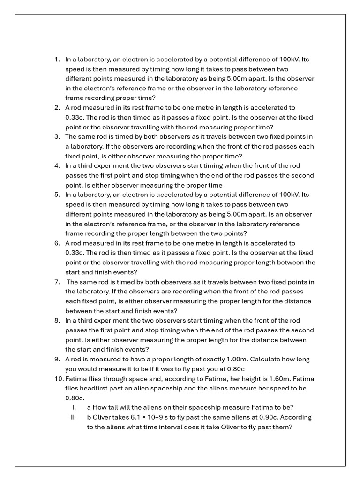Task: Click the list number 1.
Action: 57,60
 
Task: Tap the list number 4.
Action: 57,165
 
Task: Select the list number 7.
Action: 57,282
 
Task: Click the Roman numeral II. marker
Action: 73,417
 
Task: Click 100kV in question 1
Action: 288,60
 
